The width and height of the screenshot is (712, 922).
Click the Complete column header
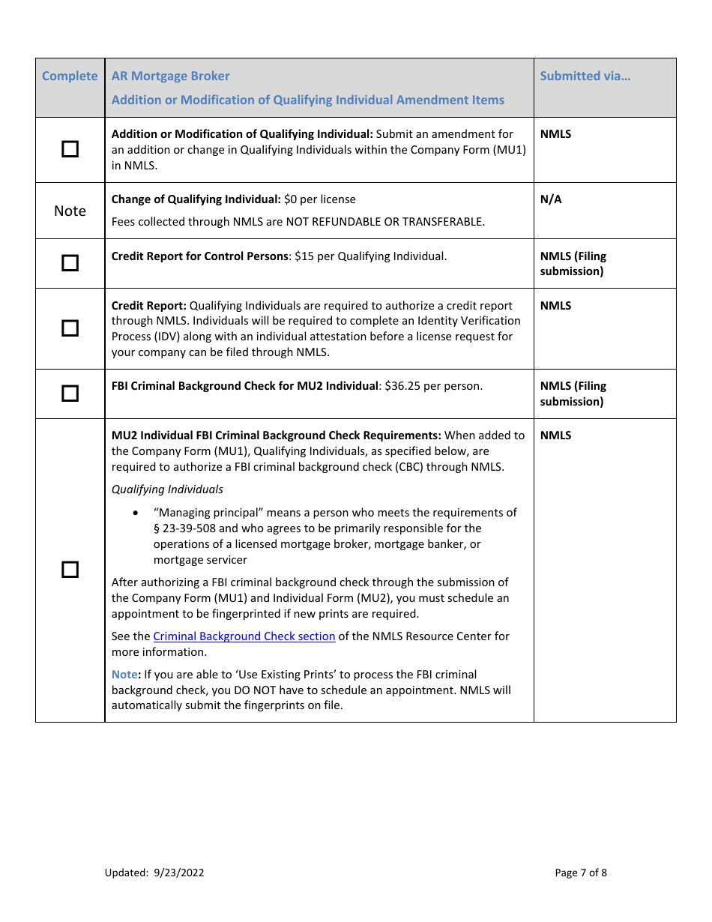tap(70, 76)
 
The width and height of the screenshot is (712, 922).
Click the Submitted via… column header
tap(585, 76)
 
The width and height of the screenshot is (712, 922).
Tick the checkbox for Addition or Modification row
tap(70, 149)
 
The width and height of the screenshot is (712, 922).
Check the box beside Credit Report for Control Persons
tap(70, 263)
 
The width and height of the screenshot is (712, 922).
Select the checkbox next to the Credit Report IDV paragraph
tap(70, 328)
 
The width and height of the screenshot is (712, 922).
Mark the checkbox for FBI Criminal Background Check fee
tap(70, 394)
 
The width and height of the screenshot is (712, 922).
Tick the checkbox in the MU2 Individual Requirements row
tap(70, 570)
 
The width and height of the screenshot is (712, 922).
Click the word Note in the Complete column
tap(70, 211)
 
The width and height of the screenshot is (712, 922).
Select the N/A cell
tap(551, 199)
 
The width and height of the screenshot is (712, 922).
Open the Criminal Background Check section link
tap(244, 636)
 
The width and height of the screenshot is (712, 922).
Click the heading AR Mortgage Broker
tap(170, 76)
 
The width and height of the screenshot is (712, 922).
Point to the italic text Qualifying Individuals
tap(167, 489)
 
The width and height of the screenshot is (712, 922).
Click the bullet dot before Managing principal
tap(135, 513)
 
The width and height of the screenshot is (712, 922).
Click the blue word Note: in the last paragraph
tap(126, 675)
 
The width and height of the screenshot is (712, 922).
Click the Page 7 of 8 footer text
tap(581, 873)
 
